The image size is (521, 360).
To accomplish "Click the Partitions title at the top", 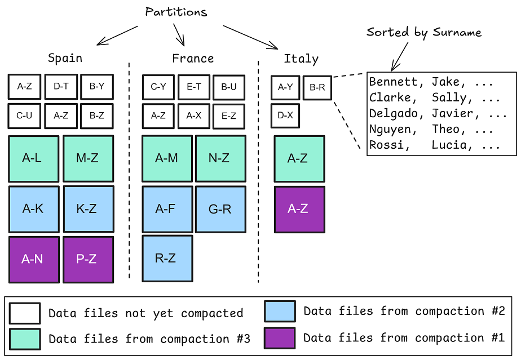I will tap(176, 12).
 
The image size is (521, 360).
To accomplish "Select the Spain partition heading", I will tap(65, 58).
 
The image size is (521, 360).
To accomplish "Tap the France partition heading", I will tap(193, 59).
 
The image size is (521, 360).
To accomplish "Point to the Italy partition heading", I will tap(301, 59).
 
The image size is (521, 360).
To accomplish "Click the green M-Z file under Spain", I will tap(88, 159).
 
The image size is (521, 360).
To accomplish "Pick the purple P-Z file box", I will tap(88, 260).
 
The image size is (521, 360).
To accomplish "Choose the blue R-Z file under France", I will tap(167, 259).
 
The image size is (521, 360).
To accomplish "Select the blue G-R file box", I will tap(220, 210).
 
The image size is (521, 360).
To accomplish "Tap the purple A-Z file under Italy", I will tap(299, 209).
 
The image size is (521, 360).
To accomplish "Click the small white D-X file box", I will tap(285, 115).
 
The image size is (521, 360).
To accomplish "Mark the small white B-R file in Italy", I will tap(317, 87).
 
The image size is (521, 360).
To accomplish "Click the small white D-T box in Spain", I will tap(61, 87).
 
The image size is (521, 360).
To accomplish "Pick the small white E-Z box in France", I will tap(229, 115).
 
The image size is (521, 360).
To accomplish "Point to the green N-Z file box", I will tap(220, 159).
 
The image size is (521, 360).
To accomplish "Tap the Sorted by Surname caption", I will tap(424, 32).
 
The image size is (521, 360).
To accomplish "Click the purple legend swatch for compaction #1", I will tap(279, 338).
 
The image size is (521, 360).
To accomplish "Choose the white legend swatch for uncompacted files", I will tap(25, 313).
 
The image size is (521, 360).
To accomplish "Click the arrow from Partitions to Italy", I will tap(251, 37).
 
